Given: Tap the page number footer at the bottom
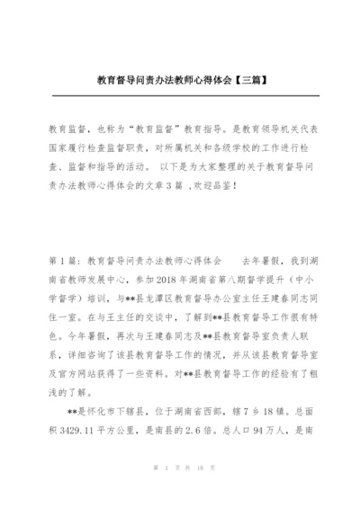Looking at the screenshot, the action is pyautogui.click(x=180, y=493).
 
